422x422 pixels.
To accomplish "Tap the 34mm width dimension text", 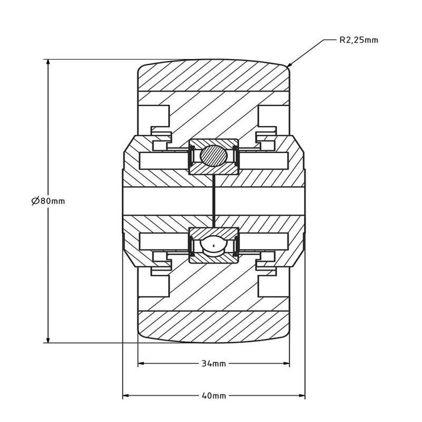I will point(214,364).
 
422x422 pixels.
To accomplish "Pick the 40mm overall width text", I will point(214,396).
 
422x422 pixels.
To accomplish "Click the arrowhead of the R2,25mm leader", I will point(289,66).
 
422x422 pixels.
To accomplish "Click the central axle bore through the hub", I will point(169,201).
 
